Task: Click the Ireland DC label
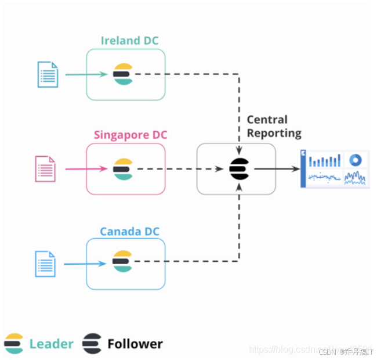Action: pyautogui.click(x=129, y=41)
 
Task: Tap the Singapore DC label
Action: pyautogui.click(x=130, y=135)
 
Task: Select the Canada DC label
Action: pyautogui.click(x=129, y=232)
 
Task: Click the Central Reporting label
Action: pyautogui.click(x=274, y=126)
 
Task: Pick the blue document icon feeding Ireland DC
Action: pyautogui.click(x=48, y=74)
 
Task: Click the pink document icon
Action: pyautogui.click(x=45, y=169)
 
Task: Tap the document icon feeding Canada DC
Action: pyautogui.click(x=45, y=264)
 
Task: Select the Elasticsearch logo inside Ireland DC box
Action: pyautogui.click(x=123, y=74)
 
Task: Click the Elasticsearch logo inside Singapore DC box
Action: pyautogui.click(x=123, y=169)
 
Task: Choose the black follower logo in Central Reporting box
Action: pyautogui.click(x=238, y=168)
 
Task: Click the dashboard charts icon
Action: pyautogui.click(x=335, y=168)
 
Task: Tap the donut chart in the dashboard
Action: pyautogui.click(x=356, y=160)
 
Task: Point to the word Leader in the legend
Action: pyautogui.click(x=52, y=344)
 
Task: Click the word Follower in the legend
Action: pyautogui.click(x=135, y=344)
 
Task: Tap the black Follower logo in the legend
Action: pyautogui.click(x=92, y=344)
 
